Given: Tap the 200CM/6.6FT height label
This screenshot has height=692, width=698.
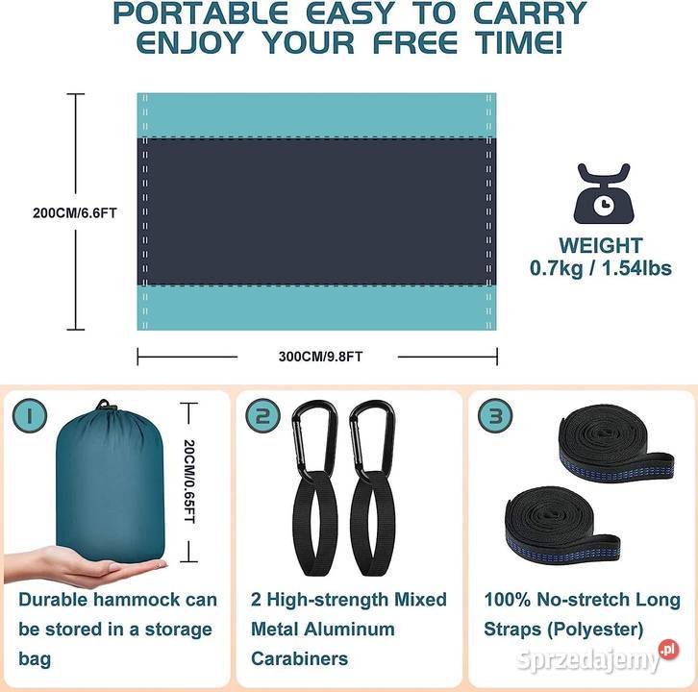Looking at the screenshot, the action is [x=75, y=213].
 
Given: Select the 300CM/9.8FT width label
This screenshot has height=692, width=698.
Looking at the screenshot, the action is [x=320, y=357].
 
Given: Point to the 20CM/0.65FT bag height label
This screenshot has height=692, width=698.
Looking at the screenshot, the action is [x=189, y=482].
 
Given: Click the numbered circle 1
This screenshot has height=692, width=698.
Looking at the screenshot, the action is [x=30, y=415].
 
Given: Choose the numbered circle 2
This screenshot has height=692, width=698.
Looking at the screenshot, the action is [x=262, y=415].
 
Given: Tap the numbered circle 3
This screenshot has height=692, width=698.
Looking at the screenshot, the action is [x=495, y=415].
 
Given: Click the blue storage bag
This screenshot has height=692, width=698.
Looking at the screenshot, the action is [x=111, y=482].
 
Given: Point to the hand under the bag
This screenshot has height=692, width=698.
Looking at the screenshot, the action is [x=85, y=567].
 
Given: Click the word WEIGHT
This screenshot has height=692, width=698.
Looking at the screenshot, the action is [x=601, y=246].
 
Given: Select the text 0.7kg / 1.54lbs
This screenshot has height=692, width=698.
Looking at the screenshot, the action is [x=601, y=268].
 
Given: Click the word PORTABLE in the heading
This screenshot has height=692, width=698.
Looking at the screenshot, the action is [x=200, y=13].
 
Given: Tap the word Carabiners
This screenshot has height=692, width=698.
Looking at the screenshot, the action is [x=300, y=658].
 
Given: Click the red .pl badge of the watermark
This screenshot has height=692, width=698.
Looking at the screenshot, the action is [x=668, y=650].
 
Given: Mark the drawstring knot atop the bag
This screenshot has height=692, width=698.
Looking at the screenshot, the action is [x=103, y=405].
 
